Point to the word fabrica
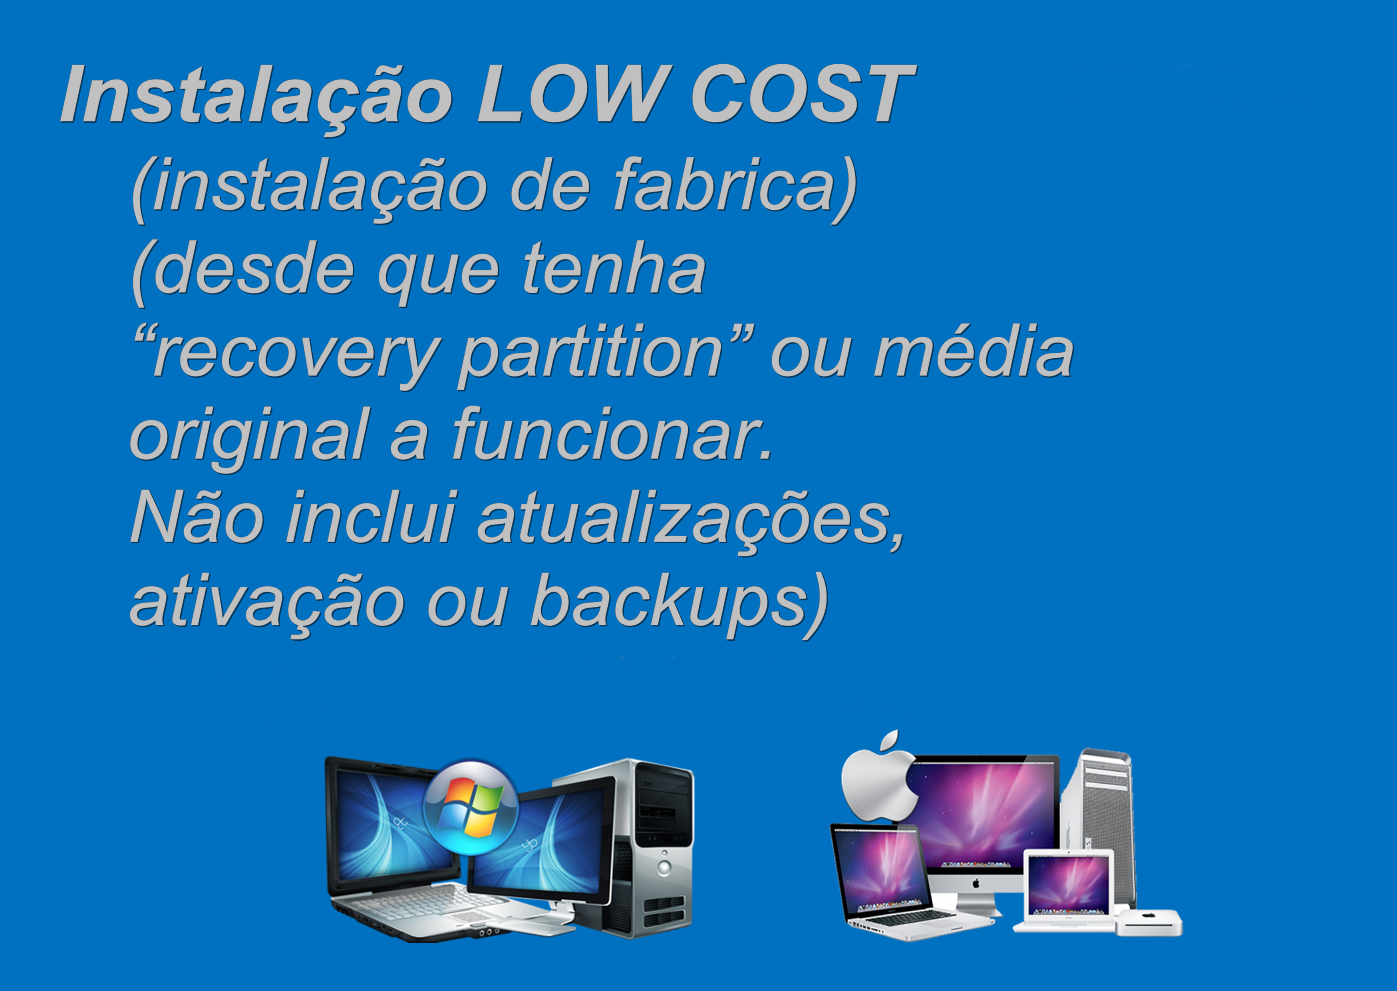click(723, 183)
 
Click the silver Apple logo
click(879, 775)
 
